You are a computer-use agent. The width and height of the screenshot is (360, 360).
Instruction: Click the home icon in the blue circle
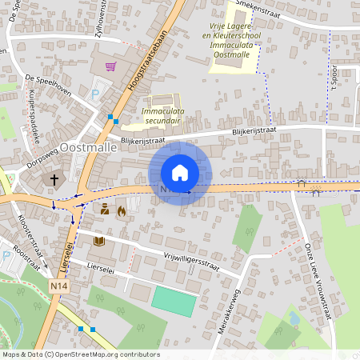pos(180,173)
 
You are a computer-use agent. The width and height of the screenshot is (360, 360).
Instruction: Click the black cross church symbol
pos(55,180)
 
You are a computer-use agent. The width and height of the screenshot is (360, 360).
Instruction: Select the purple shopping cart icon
pos(110,66)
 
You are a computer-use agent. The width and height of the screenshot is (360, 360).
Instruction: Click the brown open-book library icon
pos(99,240)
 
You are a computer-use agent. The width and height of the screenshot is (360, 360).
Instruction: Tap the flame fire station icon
pos(121,211)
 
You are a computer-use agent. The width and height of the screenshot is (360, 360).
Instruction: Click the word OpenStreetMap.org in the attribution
pos(94,354)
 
